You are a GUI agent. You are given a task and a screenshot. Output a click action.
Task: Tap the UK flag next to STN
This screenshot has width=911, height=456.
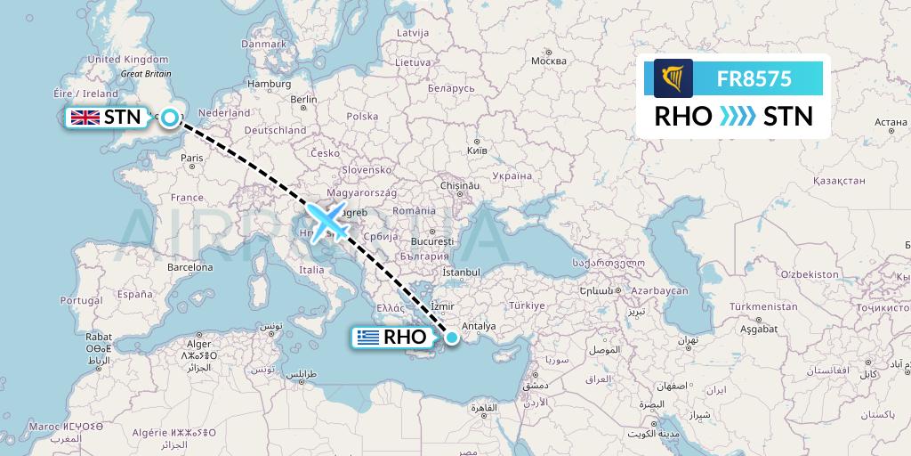[x=86, y=117]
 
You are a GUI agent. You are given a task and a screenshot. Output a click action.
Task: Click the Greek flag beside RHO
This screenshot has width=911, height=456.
[x=367, y=338]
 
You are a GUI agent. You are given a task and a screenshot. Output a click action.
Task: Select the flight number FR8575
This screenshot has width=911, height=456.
[x=754, y=78]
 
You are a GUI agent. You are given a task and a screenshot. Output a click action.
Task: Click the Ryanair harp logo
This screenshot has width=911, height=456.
[x=673, y=78]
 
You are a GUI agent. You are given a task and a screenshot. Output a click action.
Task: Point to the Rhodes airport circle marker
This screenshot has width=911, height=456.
[x=453, y=337]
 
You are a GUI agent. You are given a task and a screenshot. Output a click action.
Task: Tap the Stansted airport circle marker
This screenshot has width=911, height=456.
[x=169, y=116]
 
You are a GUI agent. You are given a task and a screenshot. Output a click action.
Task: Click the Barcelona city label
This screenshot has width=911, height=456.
[x=190, y=267]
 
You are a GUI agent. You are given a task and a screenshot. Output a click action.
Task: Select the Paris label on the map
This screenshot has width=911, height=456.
[x=192, y=159]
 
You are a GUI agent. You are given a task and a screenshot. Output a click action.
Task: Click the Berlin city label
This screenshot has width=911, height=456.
[x=303, y=100]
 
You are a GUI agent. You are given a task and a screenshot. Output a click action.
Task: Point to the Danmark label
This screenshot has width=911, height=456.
[x=263, y=44]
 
